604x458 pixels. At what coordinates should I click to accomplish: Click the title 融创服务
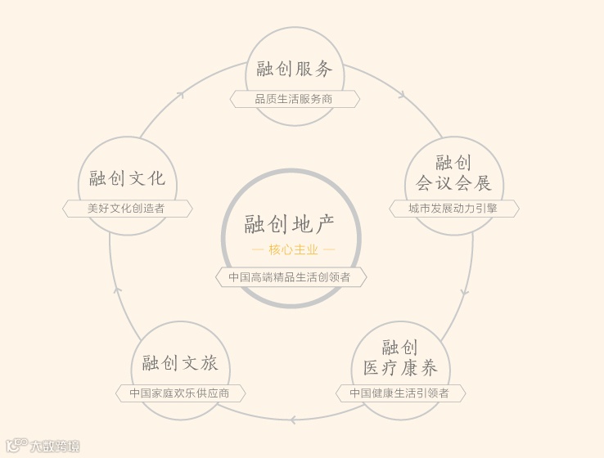pyautogui.click(x=295, y=69)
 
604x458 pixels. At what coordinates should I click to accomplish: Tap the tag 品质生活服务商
pyautogui.click(x=294, y=99)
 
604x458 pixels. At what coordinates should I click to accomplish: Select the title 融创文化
pyautogui.click(x=127, y=178)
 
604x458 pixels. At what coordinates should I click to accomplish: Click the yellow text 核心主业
pyautogui.click(x=293, y=249)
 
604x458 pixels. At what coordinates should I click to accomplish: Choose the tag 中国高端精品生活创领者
pyautogui.click(x=290, y=277)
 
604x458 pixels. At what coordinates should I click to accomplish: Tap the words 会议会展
pyautogui.click(x=454, y=183)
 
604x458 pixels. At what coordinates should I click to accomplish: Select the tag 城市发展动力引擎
pyautogui.click(x=453, y=209)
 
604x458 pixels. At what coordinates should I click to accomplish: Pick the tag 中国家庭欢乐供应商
pyautogui.click(x=179, y=393)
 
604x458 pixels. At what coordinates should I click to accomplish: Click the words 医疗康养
pyautogui.click(x=400, y=367)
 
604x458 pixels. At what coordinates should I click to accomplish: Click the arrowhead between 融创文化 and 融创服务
pyautogui.click(x=181, y=95)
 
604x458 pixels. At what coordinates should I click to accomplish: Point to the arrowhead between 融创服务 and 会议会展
pyautogui.click(x=402, y=96)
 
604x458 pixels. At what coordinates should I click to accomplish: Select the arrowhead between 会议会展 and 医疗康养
pyautogui.click(x=465, y=291)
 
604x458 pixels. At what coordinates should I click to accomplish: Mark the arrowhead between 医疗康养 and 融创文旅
pyautogui.click(x=292, y=420)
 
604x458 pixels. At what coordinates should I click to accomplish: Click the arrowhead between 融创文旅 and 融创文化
pyautogui.click(x=117, y=290)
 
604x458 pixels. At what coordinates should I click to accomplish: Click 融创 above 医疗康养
pyautogui.click(x=400, y=347)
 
